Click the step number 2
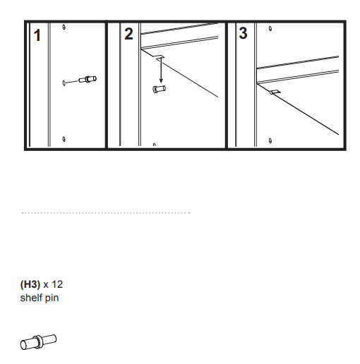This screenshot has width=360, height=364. click(128, 34)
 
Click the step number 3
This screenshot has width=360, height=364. click(243, 33)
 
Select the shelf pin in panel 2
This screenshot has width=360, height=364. click(160, 89)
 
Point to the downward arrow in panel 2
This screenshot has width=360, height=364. click(160, 71)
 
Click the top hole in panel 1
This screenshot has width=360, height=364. click(64, 28)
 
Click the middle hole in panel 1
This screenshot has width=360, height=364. click(64, 83)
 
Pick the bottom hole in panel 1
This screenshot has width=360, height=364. click(64, 138)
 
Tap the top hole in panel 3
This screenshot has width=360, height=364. click(272, 30)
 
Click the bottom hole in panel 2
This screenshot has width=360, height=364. click(154, 145)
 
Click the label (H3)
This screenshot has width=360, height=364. click(30, 285)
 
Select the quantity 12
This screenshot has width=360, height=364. click(57, 285)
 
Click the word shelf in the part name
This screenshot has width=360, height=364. click(30, 298)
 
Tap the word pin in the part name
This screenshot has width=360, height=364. click(52, 298)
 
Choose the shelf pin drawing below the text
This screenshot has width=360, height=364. click(38, 341)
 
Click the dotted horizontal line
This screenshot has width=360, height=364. click(106, 212)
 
